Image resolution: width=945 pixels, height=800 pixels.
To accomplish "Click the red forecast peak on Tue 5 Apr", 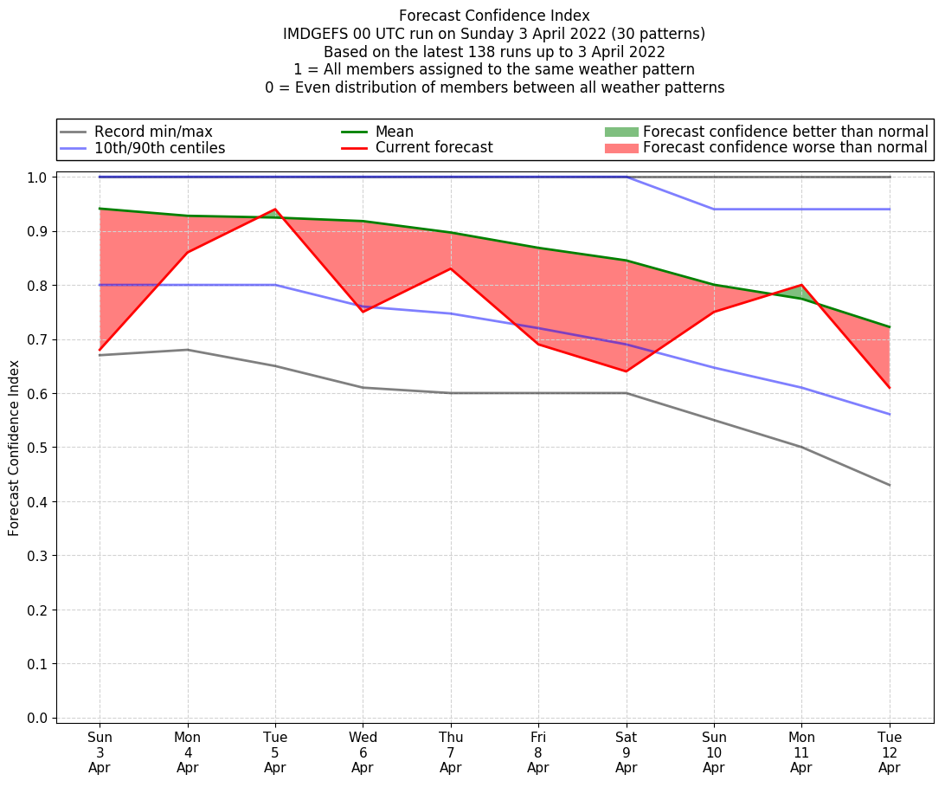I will [275, 210].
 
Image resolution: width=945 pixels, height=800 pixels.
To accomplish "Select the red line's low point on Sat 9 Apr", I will [626, 371].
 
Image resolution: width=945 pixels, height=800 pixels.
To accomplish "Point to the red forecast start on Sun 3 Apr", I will [100, 350].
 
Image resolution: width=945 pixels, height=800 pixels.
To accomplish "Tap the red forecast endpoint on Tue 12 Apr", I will [889, 387].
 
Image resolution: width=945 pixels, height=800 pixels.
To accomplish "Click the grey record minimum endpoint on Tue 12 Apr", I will [889, 485].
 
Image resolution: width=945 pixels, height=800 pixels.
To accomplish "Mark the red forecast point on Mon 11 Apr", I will [801, 285].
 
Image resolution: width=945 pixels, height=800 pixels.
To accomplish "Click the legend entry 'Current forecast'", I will [434, 148].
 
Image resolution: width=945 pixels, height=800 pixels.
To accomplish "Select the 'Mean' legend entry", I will [394, 132].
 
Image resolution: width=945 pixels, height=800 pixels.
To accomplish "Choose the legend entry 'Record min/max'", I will [152, 132].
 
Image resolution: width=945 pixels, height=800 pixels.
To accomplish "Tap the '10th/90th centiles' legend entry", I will [159, 148].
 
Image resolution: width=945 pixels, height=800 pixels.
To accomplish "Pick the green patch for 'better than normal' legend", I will [620, 132].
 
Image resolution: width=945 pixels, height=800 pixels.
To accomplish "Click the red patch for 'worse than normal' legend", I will [620, 148].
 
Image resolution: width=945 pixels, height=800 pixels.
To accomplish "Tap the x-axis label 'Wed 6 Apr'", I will [363, 752].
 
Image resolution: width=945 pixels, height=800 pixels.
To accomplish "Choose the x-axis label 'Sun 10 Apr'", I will [713, 752].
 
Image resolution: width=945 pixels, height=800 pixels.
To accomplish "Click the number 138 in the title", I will [481, 52].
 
